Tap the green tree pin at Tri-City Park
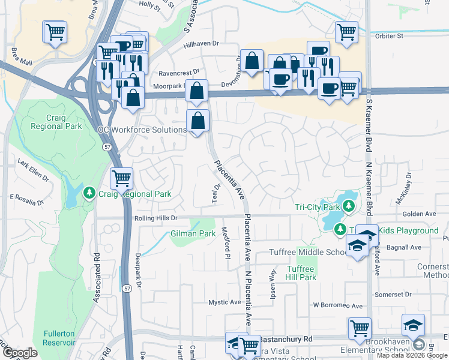click(x=348, y=208)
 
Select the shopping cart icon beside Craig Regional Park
click(x=121, y=178)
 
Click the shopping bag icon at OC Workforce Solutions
click(x=197, y=121)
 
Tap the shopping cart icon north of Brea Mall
click(x=55, y=31)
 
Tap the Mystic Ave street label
click(x=224, y=302)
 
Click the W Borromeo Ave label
click(x=338, y=305)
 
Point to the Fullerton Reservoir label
click(x=59, y=338)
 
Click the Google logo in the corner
click(x=20, y=352)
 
